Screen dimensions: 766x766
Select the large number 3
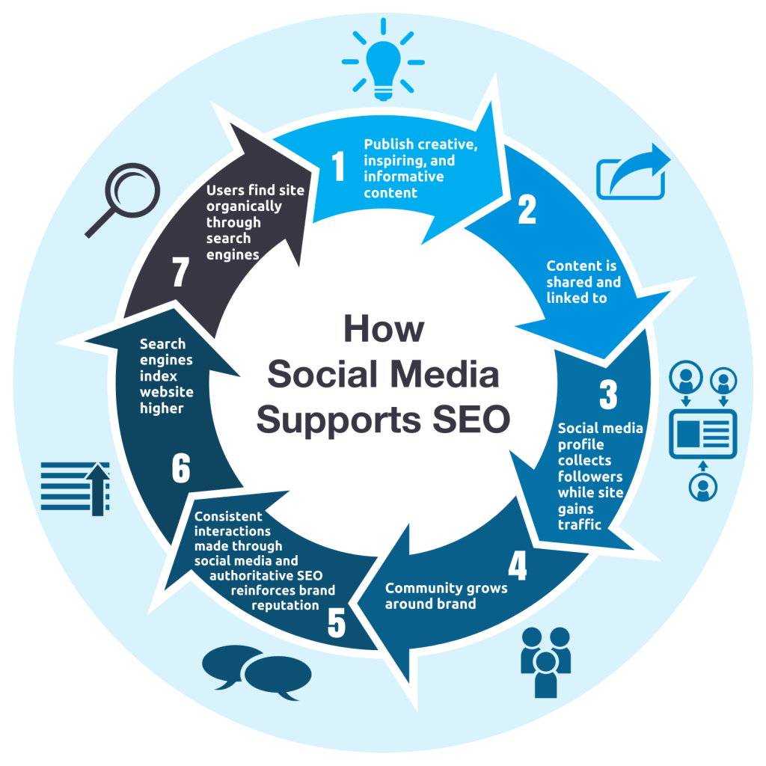point(608,395)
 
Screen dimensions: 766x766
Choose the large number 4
point(517,567)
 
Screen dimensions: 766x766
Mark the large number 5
point(337,622)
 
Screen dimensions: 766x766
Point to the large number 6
point(180,469)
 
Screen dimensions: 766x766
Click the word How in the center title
point(383,328)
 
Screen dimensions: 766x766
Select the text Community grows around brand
point(446,595)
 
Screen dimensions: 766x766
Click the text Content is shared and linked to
point(583,282)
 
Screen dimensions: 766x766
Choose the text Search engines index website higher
point(166,376)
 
